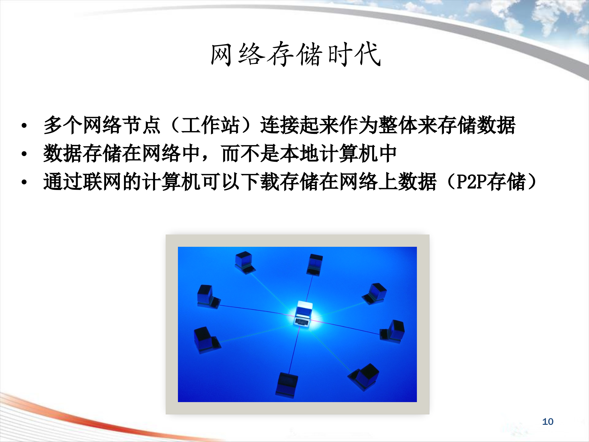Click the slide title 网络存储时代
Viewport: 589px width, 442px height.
[x=296, y=55]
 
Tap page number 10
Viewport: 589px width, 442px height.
[x=548, y=421]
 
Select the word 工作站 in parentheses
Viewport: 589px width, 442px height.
[x=210, y=125]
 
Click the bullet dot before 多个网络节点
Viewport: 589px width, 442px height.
[x=24, y=126]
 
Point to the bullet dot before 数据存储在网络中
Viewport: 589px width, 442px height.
[x=24, y=154]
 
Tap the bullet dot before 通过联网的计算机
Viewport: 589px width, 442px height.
[x=24, y=182]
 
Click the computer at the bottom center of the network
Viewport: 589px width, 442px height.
[x=287, y=385]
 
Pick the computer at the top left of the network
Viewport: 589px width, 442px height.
[x=244, y=262]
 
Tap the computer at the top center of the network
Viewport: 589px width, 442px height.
[x=315, y=264]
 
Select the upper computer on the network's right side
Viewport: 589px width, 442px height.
[x=375, y=293]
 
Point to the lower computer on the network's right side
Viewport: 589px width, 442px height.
[x=393, y=331]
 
